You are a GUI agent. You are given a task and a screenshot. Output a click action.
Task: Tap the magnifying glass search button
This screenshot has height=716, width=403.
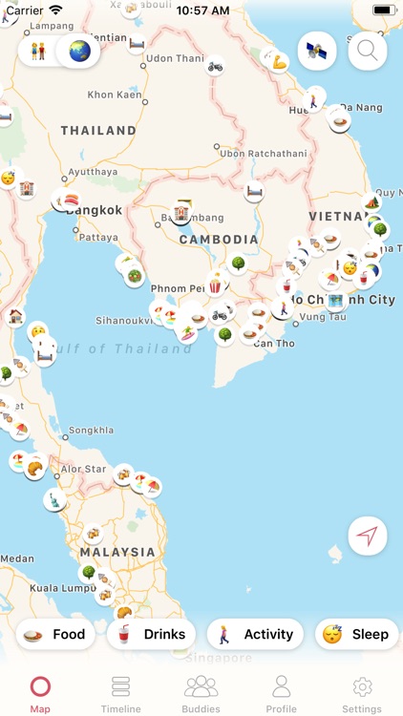click(368, 52)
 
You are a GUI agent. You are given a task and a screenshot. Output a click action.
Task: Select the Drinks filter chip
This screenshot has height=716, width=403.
click(153, 634)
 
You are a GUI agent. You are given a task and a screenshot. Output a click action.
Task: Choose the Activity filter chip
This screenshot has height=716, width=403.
click(256, 634)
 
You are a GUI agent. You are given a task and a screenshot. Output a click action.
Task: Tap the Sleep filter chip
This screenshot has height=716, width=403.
click(356, 634)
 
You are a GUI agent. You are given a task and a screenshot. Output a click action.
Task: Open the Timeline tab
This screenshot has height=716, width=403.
click(120, 693)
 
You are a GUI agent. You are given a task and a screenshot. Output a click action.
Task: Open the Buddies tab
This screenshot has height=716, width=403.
click(201, 693)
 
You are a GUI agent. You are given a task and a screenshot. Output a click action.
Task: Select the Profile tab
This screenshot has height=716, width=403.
click(281, 693)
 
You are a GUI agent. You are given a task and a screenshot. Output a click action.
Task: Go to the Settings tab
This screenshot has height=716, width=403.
click(362, 693)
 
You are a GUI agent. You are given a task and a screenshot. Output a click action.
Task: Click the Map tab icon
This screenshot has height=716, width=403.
click(40, 687)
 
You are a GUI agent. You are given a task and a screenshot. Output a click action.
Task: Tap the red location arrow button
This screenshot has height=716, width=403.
click(368, 536)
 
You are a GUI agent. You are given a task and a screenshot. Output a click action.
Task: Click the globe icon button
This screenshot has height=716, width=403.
click(78, 51)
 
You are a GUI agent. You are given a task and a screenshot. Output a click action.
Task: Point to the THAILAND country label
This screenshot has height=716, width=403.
click(98, 130)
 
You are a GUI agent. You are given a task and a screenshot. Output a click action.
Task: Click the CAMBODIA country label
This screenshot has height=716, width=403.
click(219, 240)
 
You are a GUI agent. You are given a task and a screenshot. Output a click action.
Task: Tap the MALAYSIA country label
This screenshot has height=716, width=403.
click(117, 552)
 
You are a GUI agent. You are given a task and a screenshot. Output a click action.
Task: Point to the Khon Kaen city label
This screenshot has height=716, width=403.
click(115, 95)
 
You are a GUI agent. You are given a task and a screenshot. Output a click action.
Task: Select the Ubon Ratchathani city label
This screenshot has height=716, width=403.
click(264, 153)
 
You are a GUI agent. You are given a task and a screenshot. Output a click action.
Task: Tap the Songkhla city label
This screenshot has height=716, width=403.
click(92, 431)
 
